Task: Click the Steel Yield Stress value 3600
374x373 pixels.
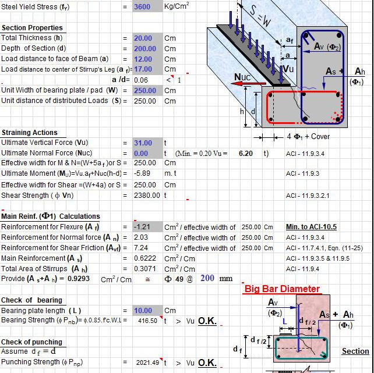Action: tap(142, 7)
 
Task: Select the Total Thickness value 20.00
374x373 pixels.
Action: tap(143, 38)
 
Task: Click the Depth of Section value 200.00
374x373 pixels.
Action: tap(144, 49)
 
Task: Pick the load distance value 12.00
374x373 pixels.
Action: tap(143, 59)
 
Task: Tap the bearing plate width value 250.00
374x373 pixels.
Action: tap(144, 91)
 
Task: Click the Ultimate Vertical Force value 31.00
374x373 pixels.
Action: tap(143, 143)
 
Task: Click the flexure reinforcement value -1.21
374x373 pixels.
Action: tap(142, 227)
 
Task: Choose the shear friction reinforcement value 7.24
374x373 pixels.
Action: tap(140, 248)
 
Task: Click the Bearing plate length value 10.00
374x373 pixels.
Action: tap(143, 311)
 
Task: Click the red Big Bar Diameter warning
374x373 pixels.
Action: tap(282, 289)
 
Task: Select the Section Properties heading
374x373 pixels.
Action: tap(32, 28)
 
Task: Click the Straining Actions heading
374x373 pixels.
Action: tap(30, 133)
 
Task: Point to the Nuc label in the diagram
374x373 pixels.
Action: tap(244, 76)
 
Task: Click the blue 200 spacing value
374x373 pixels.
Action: tap(207, 279)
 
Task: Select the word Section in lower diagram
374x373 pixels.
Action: tap(355, 351)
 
